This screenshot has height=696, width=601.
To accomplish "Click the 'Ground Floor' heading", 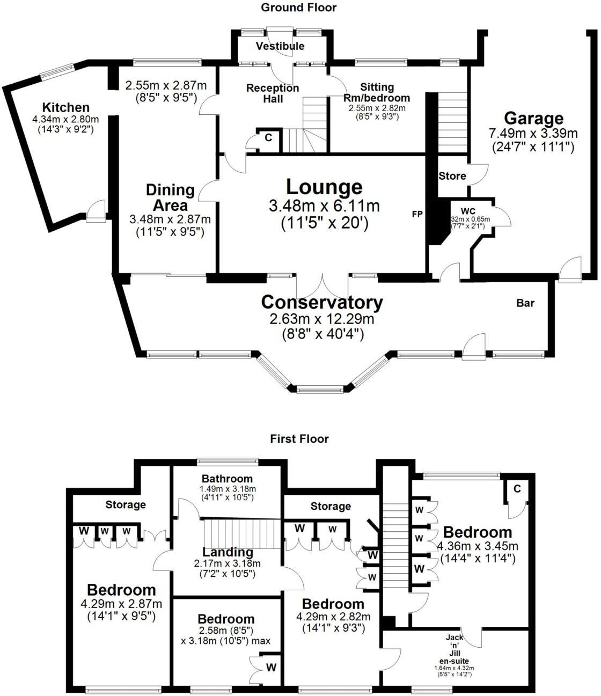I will pos(298,8).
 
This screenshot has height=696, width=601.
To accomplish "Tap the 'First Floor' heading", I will pos(299,439).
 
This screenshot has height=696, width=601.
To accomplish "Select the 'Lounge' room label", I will pos(324,187).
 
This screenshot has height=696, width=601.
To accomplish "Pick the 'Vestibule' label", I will pos(280,46).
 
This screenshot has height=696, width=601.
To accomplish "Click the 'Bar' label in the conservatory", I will pos(525,303).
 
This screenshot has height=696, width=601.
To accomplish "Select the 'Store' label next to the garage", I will pos(452,176).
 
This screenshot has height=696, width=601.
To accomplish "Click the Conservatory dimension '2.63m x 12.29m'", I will pos(321,319).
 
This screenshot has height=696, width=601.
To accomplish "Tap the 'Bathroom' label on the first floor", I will pos(227,479).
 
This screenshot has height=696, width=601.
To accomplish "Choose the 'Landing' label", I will pos(228,552).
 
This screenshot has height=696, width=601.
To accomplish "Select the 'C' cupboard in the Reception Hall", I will pos(268,138).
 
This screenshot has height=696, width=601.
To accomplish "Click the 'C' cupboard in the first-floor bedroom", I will pos(517,488).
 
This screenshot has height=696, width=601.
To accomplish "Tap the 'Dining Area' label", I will pos(170,197).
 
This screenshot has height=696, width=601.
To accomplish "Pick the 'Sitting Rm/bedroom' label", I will pos(377,92).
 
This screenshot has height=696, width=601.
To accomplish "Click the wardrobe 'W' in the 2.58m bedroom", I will pos(272,668).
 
